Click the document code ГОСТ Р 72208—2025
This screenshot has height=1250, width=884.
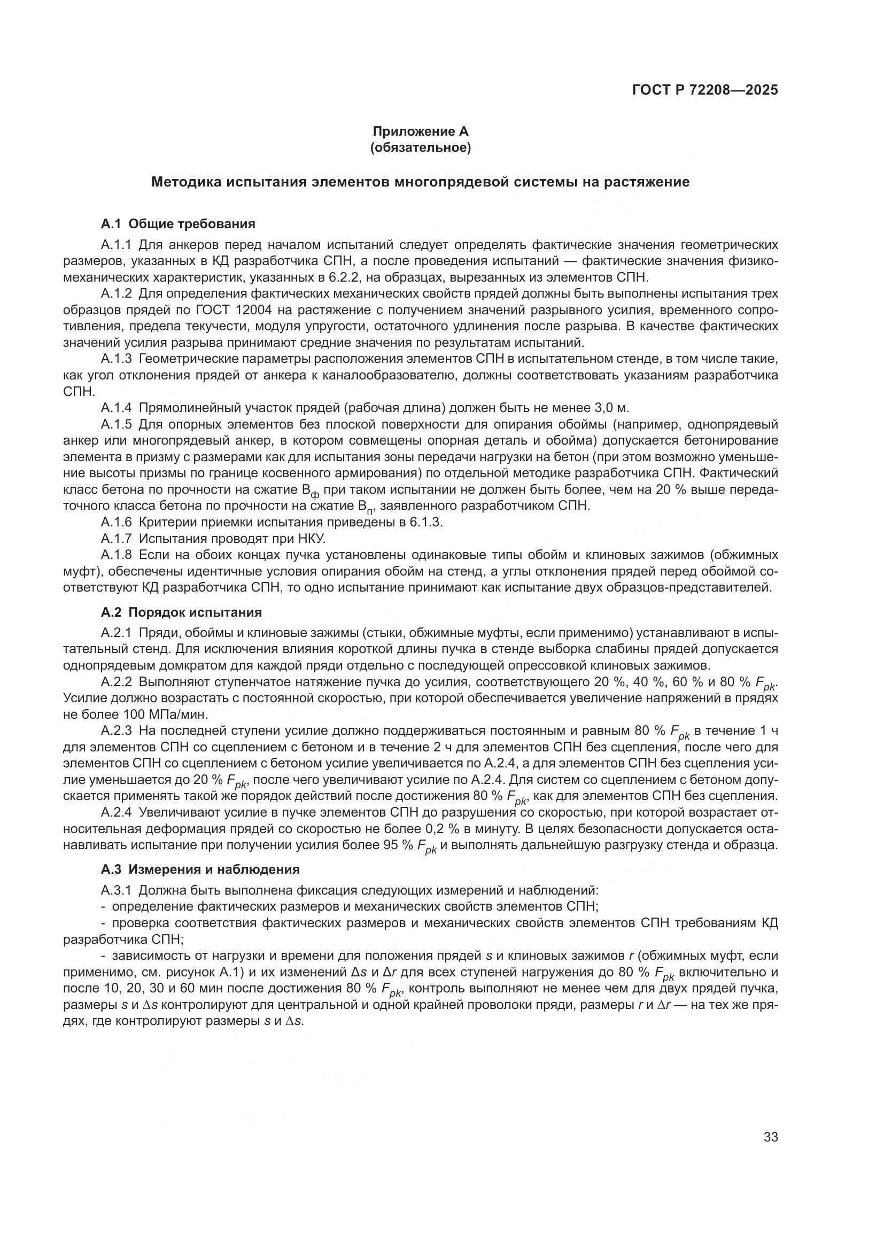[x=705, y=90]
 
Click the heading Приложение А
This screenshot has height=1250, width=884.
[x=420, y=131]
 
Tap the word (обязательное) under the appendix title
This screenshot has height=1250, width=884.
[x=420, y=147]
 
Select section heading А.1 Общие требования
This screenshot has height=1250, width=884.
[x=178, y=224]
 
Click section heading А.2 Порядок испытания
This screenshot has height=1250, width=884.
[x=181, y=612]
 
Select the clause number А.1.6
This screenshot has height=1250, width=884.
[x=117, y=523]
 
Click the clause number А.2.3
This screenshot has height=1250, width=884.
[x=117, y=731]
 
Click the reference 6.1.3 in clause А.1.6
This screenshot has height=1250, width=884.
[x=425, y=523]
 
